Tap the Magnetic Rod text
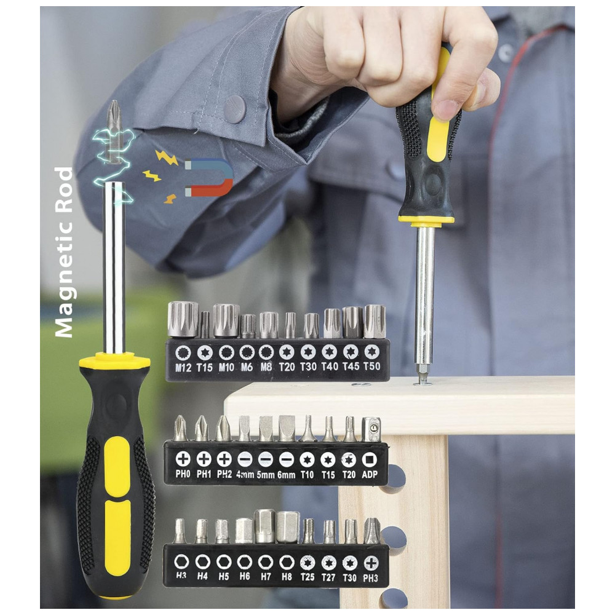(64, 252)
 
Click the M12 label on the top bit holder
(183, 368)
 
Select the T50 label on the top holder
(372, 367)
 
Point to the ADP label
(370, 474)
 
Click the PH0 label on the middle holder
(183, 474)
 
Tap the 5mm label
(266, 475)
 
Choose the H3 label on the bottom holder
(181, 576)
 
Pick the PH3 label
(370, 578)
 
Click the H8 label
(287, 577)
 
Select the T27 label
(328, 577)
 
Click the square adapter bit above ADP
(371, 429)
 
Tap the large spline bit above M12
(183, 319)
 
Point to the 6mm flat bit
(287, 428)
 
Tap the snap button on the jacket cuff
(235, 109)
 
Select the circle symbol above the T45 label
(351, 352)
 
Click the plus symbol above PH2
(224, 459)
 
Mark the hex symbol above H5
(224, 562)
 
